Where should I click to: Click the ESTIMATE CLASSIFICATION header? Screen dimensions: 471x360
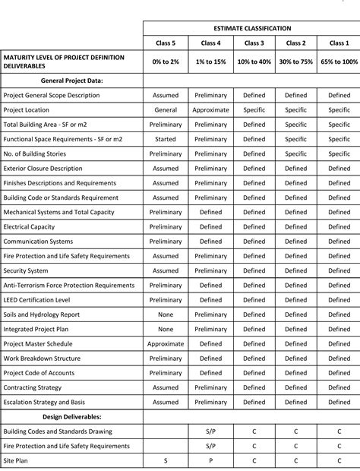point(252,28)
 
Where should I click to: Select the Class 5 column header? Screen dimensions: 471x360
point(166,43)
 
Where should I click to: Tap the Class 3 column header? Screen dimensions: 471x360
point(254,43)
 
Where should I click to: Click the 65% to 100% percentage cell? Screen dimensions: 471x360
point(339,61)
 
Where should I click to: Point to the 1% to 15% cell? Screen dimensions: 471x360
point(210,61)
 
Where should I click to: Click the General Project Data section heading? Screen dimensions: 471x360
point(72,80)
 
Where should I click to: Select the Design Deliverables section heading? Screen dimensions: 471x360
point(73,416)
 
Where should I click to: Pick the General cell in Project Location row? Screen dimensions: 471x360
point(166,110)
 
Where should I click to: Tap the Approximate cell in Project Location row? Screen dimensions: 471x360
point(210,110)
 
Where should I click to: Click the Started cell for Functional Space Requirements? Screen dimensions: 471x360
point(166,139)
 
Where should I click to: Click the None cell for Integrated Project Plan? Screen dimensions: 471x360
point(166,329)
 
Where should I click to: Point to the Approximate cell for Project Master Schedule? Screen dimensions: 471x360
point(166,343)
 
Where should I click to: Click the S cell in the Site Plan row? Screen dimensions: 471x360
point(166,460)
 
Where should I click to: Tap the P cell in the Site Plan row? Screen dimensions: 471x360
point(210,460)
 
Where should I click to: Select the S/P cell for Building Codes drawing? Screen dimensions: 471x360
point(210,431)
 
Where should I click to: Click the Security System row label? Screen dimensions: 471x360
point(26,270)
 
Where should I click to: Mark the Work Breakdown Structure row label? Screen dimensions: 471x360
point(42,359)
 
